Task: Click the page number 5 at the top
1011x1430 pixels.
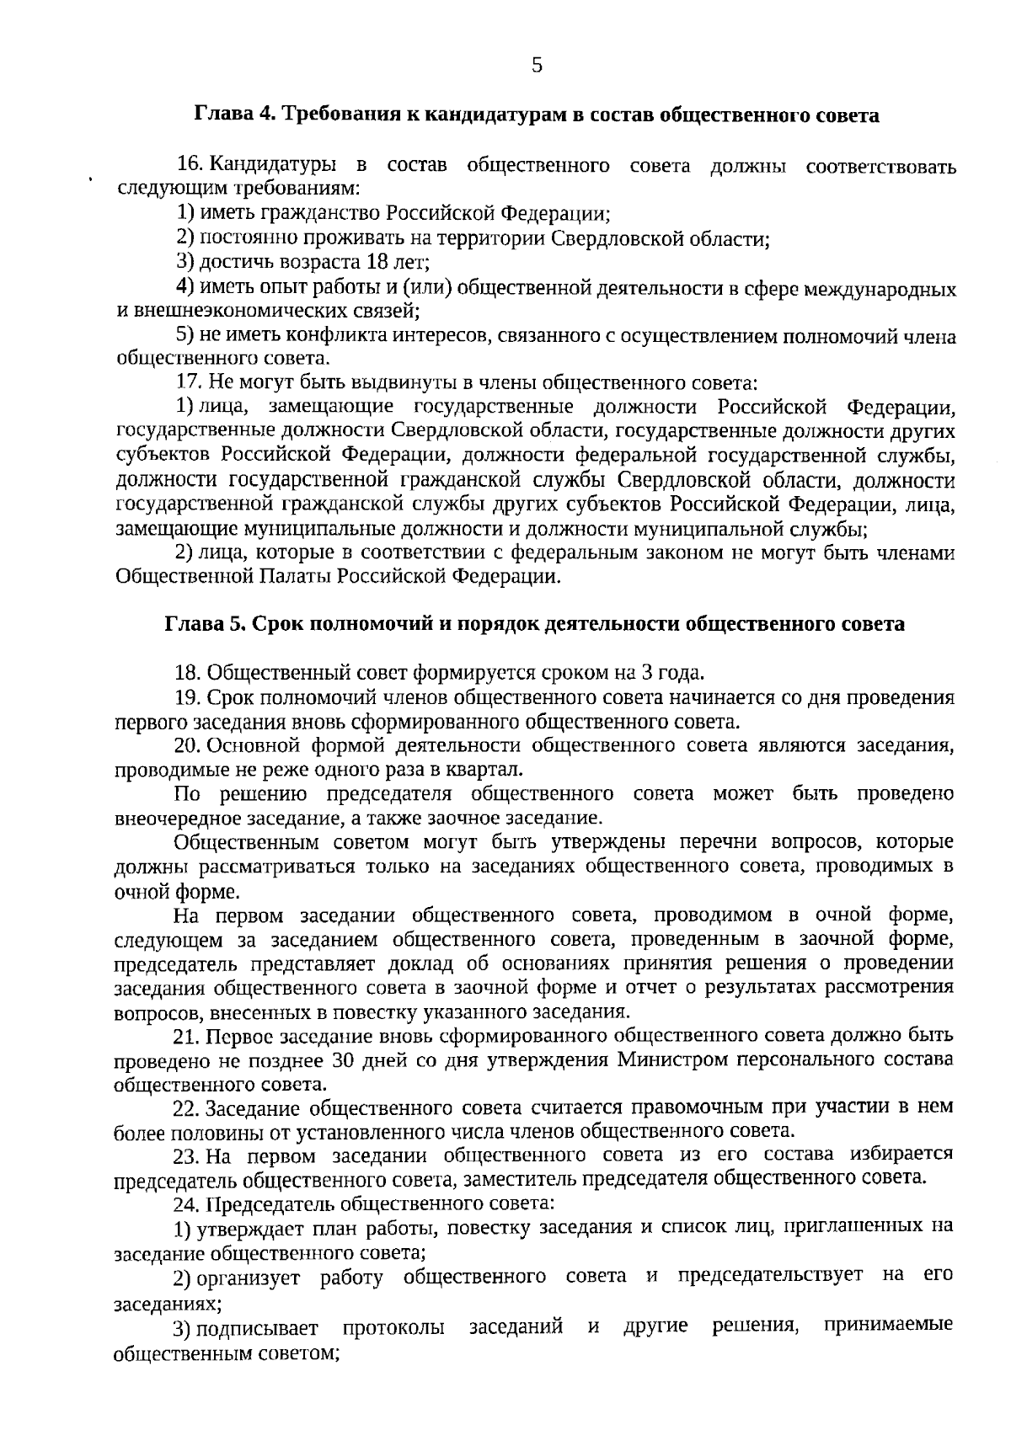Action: [x=537, y=65]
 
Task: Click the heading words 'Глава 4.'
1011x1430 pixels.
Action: [x=236, y=115]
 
